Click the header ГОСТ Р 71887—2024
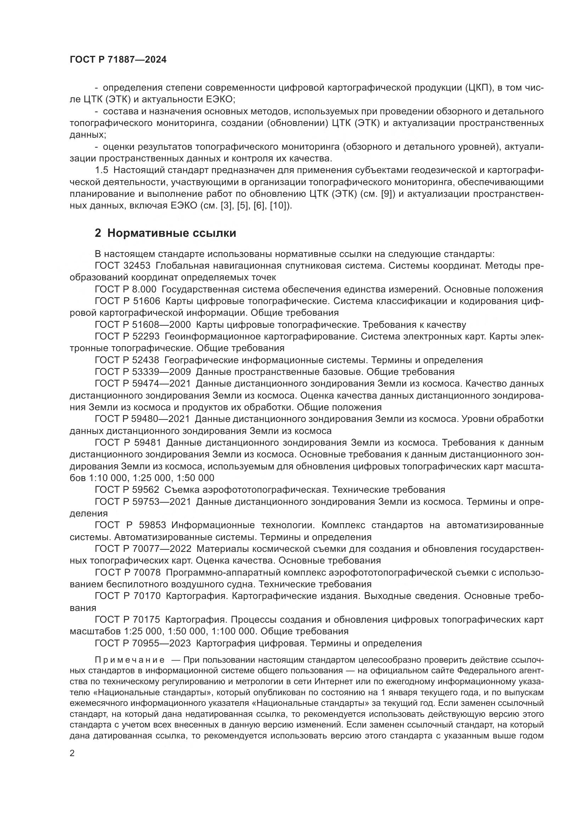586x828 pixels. click(x=118, y=60)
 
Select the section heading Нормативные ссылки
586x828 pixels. click(x=171, y=233)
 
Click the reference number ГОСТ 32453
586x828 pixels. click(x=122, y=266)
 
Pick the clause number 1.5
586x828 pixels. click(x=101, y=170)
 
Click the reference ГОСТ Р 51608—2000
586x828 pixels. click(x=142, y=325)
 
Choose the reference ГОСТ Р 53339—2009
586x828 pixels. click(x=142, y=371)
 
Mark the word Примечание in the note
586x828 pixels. click(x=130, y=660)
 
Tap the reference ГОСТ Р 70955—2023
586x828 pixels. click(x=142, y=643)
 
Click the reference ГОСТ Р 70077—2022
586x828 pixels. click(x=142, y=548)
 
